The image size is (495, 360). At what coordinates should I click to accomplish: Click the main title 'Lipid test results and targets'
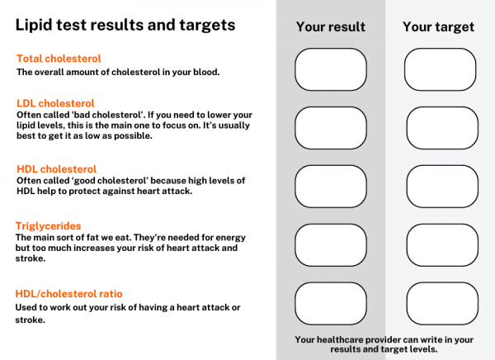pos(125,26)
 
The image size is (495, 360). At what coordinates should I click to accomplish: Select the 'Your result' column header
pos(330,27)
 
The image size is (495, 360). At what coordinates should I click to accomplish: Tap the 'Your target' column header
pos(438,27)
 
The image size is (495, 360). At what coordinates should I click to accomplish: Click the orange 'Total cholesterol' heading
pos(59,59)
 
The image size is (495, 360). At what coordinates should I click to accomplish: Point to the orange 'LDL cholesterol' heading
pos(55,103)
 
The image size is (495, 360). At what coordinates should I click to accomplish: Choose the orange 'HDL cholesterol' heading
pos(56,168)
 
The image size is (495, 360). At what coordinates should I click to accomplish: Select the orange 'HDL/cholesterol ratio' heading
pos(69,293)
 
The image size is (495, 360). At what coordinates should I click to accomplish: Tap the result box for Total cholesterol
pos(330,69)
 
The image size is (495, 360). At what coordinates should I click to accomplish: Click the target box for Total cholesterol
pos(440,69)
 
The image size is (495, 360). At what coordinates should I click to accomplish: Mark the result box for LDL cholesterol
pos(330,128)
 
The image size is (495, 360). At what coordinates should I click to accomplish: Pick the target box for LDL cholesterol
pos(440,128)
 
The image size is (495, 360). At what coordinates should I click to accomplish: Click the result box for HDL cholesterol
pos(330,187)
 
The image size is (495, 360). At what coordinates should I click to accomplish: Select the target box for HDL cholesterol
pos(440,187)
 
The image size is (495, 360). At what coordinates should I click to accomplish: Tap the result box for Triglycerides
pos(330,245)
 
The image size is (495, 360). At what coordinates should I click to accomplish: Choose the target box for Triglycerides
pos(440,245)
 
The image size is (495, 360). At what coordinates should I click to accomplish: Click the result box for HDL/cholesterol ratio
pos(330,303)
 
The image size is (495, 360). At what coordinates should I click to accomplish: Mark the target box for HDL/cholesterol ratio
pos(440,303)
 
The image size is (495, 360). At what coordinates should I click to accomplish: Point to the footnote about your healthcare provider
pos(384,344)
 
